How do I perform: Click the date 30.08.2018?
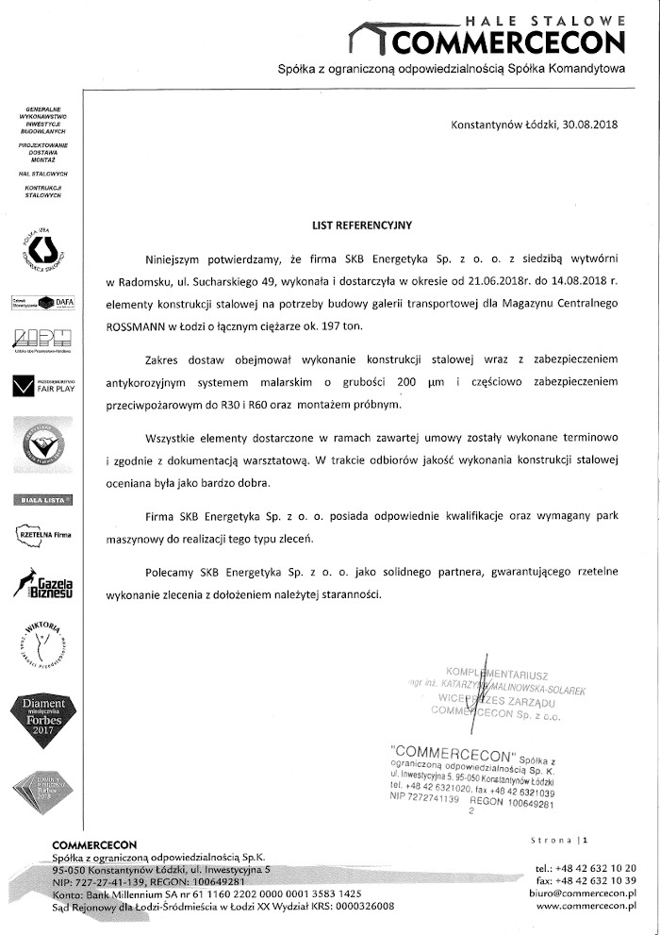coord(586,124)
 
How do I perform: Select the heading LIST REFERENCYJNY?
coord(363,226)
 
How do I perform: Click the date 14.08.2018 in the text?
coord(581,280)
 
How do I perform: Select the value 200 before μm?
coord(407,380)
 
